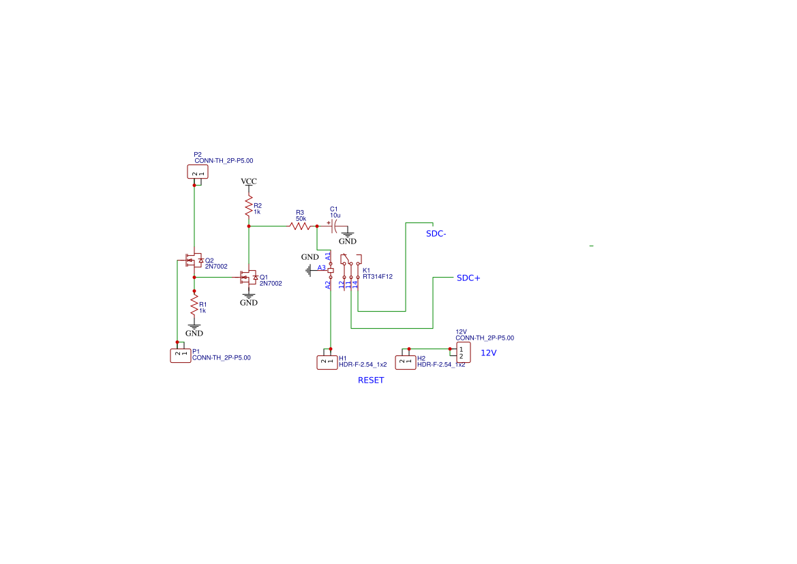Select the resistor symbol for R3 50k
coord(300,226)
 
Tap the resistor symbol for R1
coord(194,305)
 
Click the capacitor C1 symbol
coord(334,226)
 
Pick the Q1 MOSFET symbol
coord(249,278)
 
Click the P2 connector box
coord(198,172)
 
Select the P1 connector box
coord(181,355)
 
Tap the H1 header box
coord(327,362)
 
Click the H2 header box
coord(406,362)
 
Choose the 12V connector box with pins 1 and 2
coord(463,353)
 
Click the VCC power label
coord(249,181)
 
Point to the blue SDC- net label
coord(436,234)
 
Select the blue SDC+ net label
coord(468,278)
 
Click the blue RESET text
coord(371,381)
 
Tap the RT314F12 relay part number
coord(378,277)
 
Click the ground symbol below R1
coord(194,327)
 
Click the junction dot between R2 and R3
coord(249,226)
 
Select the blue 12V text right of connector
coord(489,353)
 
